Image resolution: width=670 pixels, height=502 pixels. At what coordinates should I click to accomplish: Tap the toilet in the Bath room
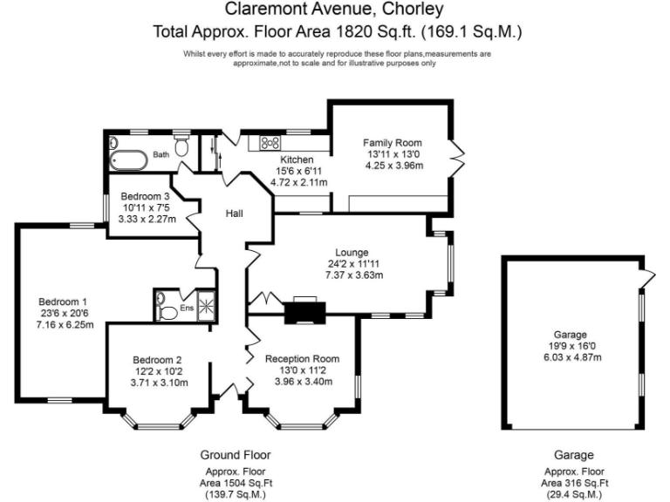(x=182, y=148)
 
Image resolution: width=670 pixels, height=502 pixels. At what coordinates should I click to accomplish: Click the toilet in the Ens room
(x=164, y=307)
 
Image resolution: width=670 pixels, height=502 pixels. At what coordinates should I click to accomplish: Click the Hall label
(x=235, y=214)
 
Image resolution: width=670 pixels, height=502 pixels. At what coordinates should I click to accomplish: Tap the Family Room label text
(x=393, y=143)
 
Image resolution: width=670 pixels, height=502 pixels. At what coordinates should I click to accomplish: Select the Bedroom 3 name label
(x=145, y=196)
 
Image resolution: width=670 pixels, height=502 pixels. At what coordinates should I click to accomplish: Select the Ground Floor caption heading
(x=236, y=455)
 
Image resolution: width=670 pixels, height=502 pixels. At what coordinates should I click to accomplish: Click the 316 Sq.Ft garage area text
(x=575, y=482)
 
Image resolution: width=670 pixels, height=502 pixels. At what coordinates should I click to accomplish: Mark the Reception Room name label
(x=302, y=358)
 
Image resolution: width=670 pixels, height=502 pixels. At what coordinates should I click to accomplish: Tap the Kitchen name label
(x=297, y=160)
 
